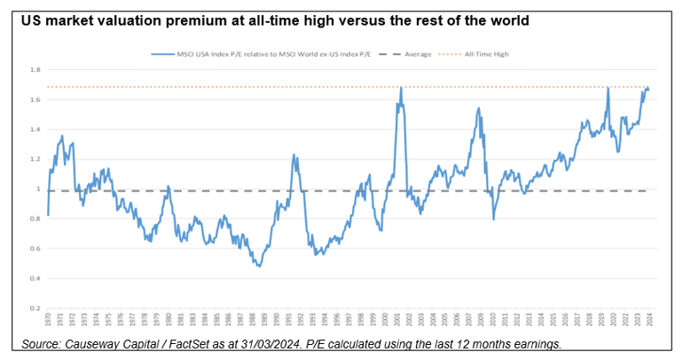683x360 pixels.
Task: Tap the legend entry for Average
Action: coord(418,54)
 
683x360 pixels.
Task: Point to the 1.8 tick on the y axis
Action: coord(34,69)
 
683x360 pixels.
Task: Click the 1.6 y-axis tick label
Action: coord(34,99)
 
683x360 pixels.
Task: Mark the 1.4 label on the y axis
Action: coord(34,129)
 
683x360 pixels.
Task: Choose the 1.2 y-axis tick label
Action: coord(34,160)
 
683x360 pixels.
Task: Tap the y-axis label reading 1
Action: coord(36,189)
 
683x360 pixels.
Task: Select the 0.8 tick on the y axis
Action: coord(34,219)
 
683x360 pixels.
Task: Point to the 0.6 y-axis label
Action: coord(34,249)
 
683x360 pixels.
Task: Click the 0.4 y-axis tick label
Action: coord(34,279)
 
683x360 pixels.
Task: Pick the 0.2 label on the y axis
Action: coord(34,309)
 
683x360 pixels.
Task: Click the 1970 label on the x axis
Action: coord(49,320)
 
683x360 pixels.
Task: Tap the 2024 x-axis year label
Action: coord(649,320)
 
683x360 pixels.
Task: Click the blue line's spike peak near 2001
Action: coord(401,88)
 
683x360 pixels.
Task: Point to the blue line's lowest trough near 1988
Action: coord(258,266)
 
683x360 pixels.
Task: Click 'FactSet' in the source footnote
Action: coord(184,343)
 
